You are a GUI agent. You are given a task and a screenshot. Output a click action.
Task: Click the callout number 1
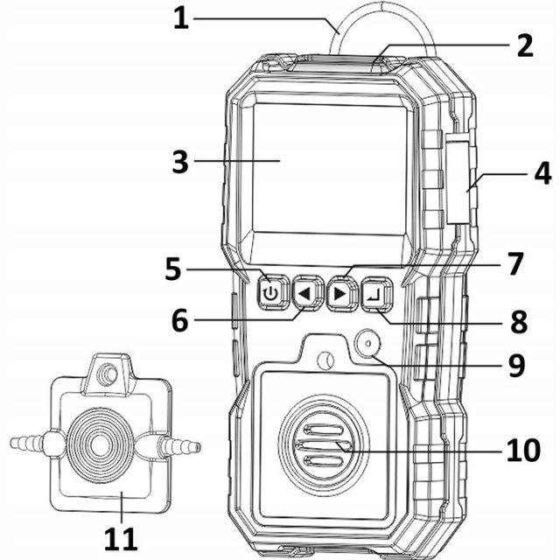(x=180, y=18)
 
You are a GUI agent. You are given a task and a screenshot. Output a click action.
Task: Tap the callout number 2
(x=523, y=45)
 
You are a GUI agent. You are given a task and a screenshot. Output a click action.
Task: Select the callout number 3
(x=180, y=162)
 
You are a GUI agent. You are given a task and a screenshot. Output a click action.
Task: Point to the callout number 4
(x=542, y=171)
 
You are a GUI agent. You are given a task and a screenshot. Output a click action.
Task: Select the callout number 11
(x=122, y=536)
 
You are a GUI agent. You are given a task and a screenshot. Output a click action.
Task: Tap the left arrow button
(x=304, y=294)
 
